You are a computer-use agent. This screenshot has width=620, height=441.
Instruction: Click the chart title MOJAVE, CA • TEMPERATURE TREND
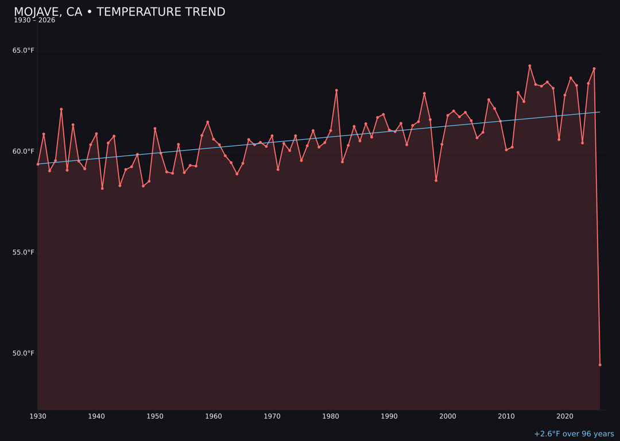(x=119, y=12)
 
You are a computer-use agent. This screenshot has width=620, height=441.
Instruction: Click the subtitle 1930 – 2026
(x=34, y=21)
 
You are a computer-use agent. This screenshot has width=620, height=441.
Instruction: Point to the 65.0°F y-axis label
(x=24, y=51)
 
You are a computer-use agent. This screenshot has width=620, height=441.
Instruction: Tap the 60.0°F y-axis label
(x=24, y=152)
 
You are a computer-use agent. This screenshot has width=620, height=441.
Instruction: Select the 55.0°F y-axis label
(x=24, y=253)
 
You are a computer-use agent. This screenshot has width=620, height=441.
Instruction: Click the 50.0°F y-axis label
(x=24, y=353)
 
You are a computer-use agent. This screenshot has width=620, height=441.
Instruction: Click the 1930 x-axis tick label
(x=38, y=416)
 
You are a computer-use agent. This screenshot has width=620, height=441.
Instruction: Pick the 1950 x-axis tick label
(x=155, y=416)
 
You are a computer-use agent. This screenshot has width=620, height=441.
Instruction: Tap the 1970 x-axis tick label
(x=272, y=416)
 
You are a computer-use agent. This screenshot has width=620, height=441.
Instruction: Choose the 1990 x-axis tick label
(x=389, y=416)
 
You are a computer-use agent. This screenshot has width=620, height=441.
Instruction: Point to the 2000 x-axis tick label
(x=448, y=416)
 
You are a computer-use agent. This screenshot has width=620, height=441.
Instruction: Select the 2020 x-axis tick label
(x=565, y=416)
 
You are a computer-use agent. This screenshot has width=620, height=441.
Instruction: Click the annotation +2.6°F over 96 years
(x=573, y=434)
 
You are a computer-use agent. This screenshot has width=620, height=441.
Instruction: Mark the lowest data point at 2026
(x=600, y=365)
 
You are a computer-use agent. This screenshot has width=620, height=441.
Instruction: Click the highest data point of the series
(x=530, y=66)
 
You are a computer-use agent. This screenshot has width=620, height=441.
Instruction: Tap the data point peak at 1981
(x=336, y=90)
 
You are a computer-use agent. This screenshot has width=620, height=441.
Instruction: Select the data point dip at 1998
(x=436, y=180)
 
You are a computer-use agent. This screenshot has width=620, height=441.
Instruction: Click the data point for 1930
(x=38, y=164)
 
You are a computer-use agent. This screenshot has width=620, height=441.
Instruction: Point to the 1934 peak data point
(x=61, y=109)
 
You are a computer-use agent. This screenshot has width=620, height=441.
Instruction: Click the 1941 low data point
(x=102, y=188)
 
